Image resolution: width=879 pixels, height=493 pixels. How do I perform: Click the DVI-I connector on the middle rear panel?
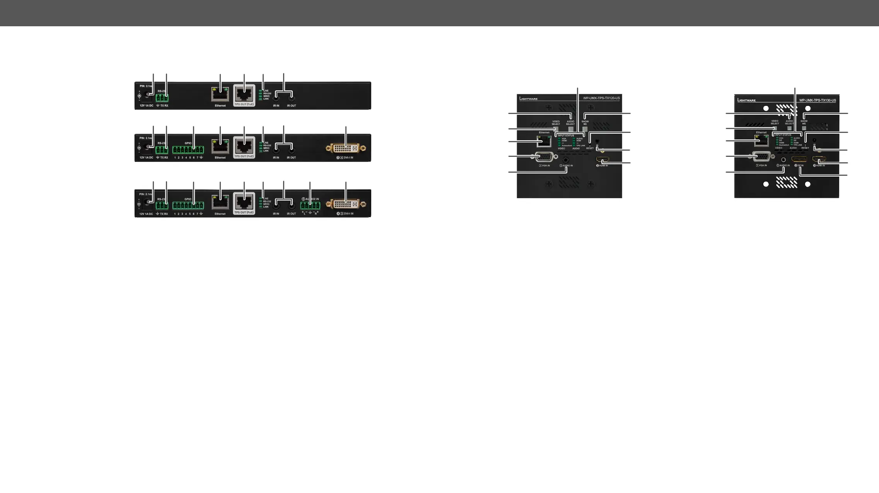coord(346,148)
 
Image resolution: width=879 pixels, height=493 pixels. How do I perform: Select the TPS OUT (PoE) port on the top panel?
coord(244,94)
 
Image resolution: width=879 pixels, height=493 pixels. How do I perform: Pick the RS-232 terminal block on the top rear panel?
coord(162,98)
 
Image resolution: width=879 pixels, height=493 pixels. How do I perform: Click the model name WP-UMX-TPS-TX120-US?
coord(601,98)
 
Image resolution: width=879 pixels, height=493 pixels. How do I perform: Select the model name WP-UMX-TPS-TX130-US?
coord(818,100)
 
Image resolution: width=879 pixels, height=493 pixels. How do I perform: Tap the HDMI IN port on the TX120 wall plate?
coord(602,160)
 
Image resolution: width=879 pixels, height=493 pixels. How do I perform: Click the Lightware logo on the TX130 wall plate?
coord(746,100)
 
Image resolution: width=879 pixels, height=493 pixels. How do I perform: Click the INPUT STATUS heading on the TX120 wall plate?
coord(566,136)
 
